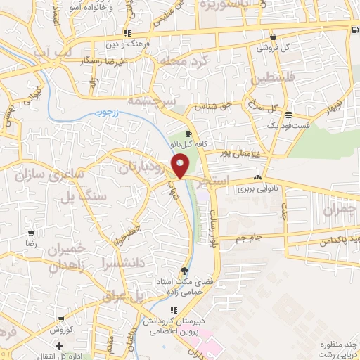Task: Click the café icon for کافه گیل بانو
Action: [188, 134]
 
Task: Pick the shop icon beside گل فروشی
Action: [272, 37]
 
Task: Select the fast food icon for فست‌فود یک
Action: [288, 114]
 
